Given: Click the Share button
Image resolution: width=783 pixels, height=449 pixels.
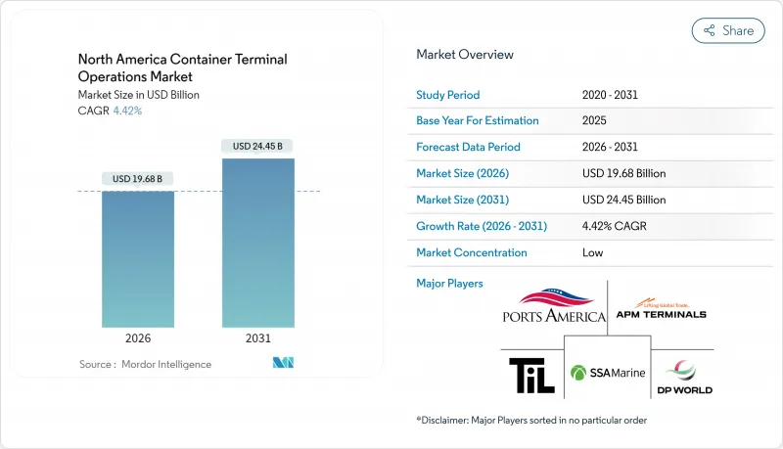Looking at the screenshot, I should [x=728, y=30].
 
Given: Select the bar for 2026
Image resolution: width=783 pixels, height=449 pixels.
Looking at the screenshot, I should [x=138, y=259].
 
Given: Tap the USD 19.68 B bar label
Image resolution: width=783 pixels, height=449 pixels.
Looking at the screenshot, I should [x=138, y=178].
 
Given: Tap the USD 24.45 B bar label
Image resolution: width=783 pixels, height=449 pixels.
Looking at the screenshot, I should [x=258, y=146].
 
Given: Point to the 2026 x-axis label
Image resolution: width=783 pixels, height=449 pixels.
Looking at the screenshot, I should [x=138, y=339].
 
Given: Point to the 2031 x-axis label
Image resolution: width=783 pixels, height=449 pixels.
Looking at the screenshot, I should [x=258, y=339].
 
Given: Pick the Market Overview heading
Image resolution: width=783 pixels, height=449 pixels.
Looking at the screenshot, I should [x=465, y=55].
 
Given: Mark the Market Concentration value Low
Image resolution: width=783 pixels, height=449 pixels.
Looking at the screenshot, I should [x=592, y=252].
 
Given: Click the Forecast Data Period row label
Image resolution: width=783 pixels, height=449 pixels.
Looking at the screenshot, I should [x=468, y=148].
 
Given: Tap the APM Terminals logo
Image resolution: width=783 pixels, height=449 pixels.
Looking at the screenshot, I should [x=660, y=309].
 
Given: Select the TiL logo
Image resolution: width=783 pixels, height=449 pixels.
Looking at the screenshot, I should [x=530, y=375].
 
